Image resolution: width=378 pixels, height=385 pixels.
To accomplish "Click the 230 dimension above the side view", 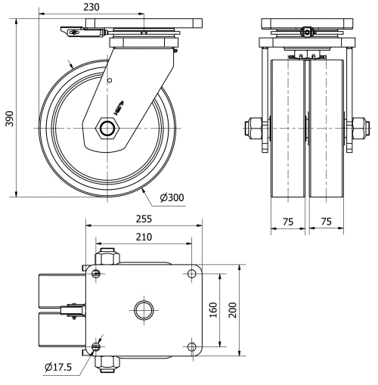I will coord(91,6).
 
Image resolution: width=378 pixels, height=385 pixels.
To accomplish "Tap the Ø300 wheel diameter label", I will coord(172,198).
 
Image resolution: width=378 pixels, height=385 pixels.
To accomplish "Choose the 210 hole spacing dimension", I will coord(144,238).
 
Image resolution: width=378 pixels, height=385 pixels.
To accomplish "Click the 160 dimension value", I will coord(213,309).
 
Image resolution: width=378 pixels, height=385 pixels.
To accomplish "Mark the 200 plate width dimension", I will coord(234,309).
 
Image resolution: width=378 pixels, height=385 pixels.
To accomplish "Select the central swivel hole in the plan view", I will coord(144,309).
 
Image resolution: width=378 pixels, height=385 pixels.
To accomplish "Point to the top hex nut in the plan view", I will coord(107,257).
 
